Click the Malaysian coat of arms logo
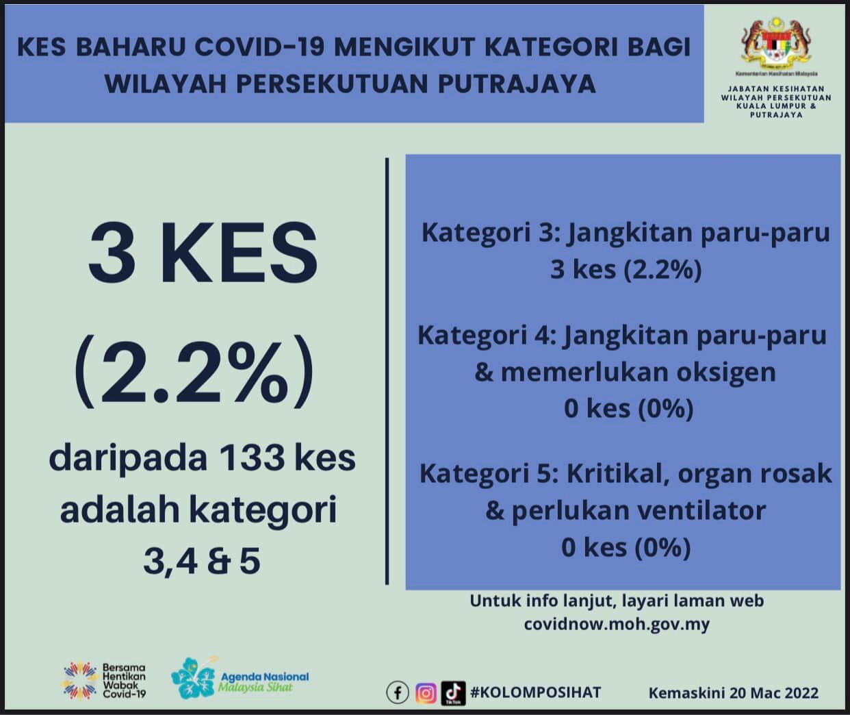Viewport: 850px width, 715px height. (x=776, y=43)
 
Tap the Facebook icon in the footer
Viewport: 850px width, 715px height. (x=398, y=692)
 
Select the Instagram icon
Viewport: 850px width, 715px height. (x=426, y=693)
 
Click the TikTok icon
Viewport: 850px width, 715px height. (x=453, y=693)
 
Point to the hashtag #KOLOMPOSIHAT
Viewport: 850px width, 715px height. (x=535, y=692)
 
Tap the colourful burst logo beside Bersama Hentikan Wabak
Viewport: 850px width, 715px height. (x=81, y=680)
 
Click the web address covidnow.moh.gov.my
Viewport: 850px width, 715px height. (x=617, y=624)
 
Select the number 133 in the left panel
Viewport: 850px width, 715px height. (x=253, y=458)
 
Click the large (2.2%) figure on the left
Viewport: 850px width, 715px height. (x=194, y=371)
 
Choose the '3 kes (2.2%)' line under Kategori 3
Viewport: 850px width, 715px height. (x=626, y=269)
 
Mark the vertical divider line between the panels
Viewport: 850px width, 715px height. (x=387, y=371)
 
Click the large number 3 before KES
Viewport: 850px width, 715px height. (x=112, y=253)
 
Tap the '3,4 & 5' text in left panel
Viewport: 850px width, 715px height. (x=202, y=562)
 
